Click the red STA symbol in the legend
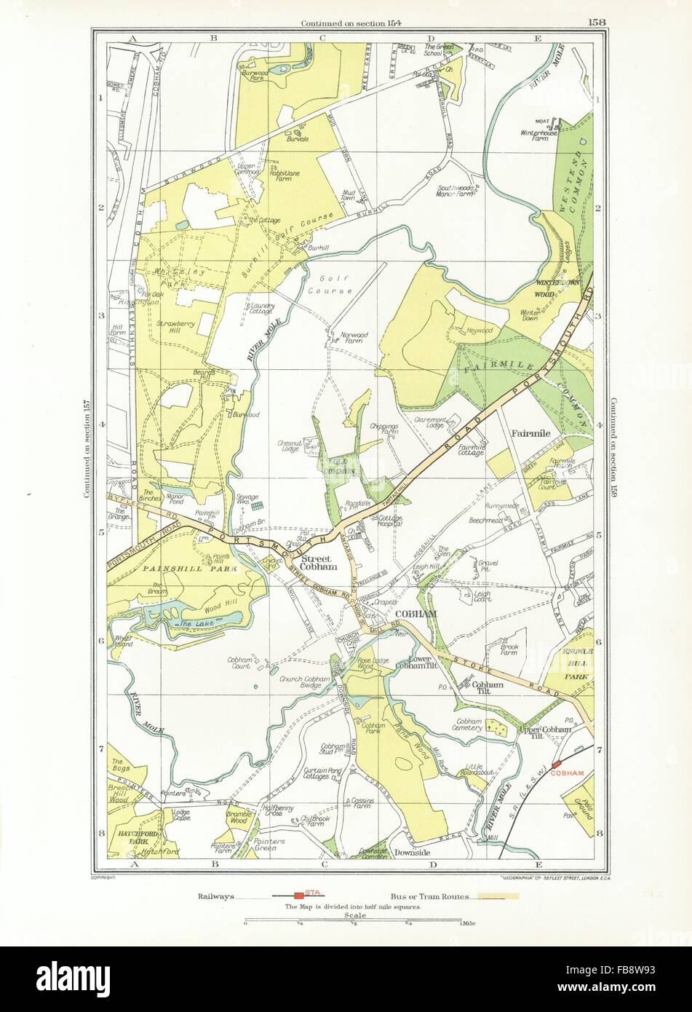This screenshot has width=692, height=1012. [298, 896]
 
